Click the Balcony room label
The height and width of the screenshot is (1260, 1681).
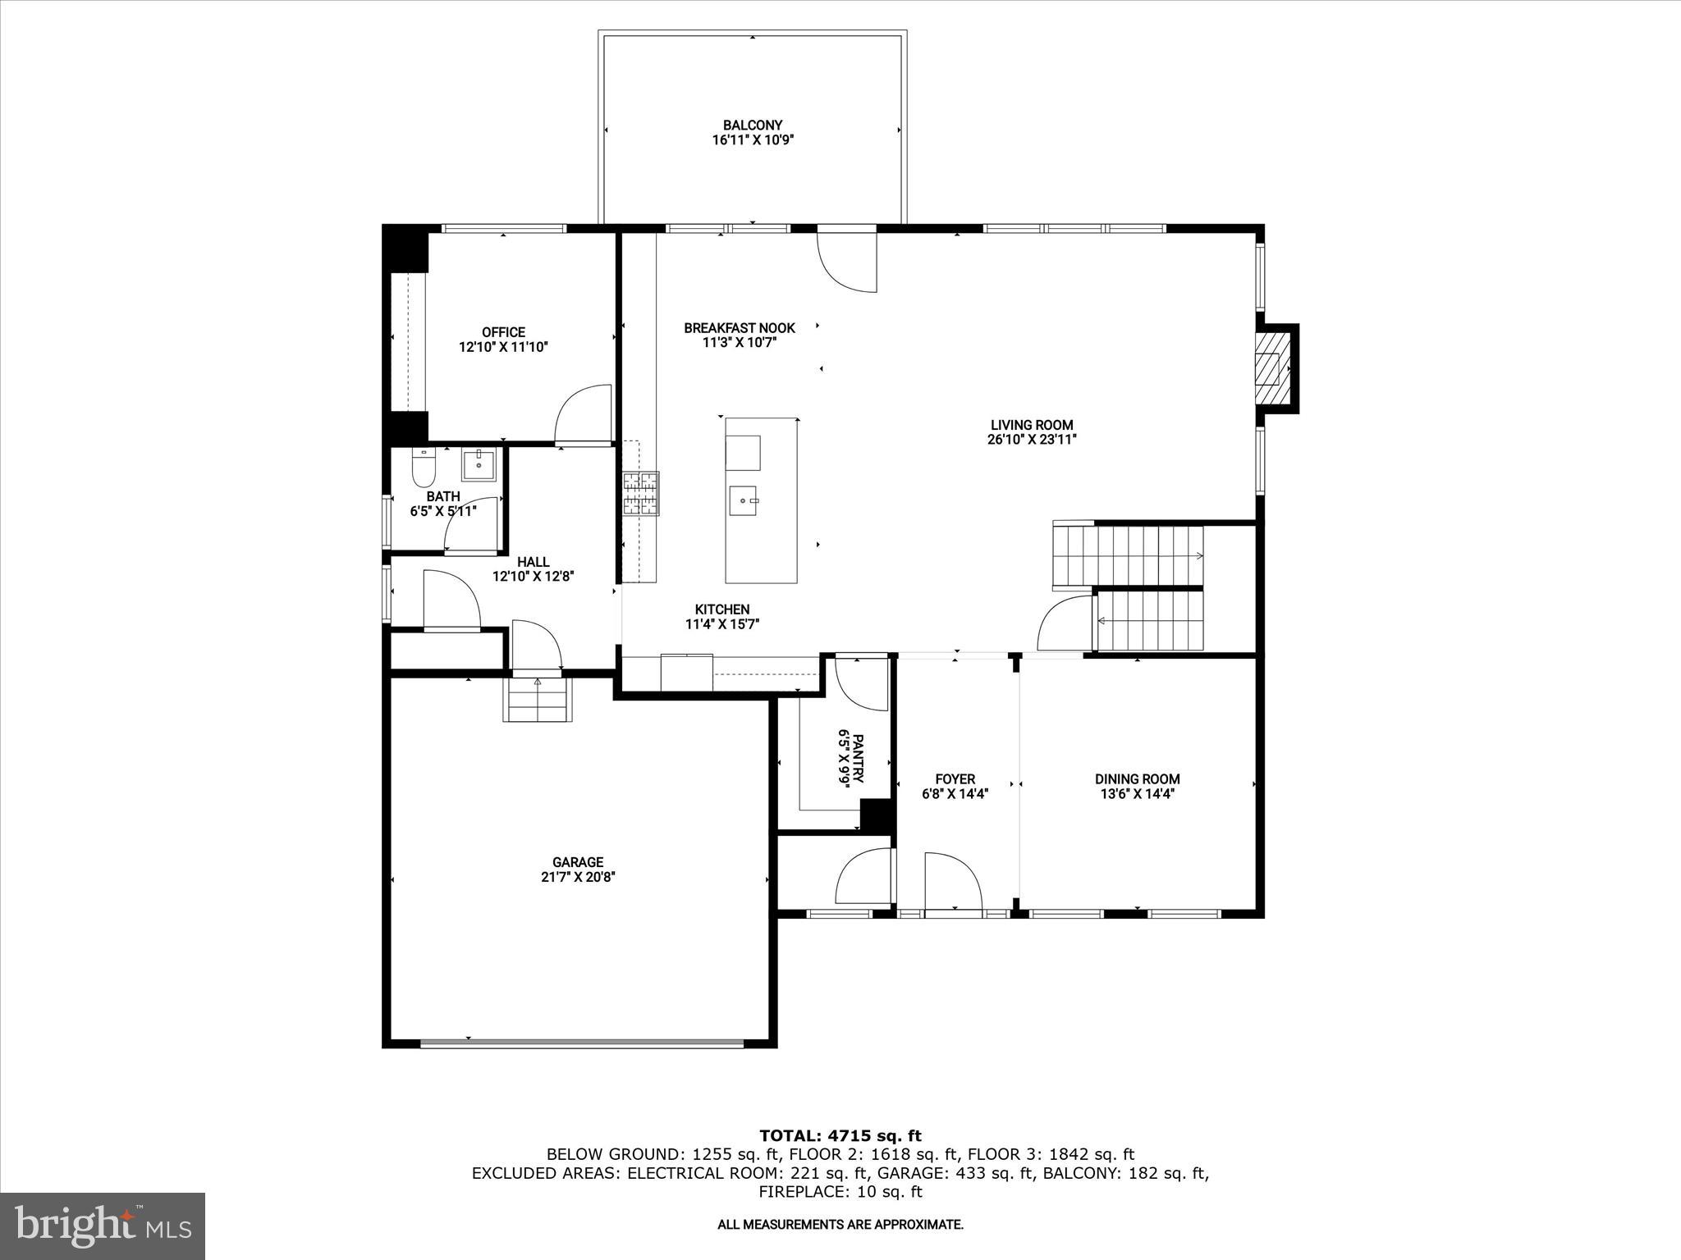[x=752, y=126]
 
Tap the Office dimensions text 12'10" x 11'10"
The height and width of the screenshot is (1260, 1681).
[x=503, y=347]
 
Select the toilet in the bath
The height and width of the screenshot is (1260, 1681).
[x=422, y=469]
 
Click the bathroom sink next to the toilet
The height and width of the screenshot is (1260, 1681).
[x=478, y=464]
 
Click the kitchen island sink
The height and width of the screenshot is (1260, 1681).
[x=746, y=500]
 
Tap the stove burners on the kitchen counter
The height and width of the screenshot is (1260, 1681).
[x=640, y=494]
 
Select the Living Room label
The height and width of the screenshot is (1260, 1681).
[x=1032, y=425]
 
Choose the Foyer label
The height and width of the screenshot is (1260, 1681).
[x=955, y=778]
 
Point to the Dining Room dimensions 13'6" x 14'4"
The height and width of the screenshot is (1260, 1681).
[x=1137, y=793]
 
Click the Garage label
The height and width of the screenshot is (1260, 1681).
[x=578, y=862]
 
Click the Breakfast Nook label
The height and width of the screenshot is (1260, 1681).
[x=740, y=328]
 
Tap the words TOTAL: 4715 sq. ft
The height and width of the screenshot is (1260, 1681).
[x=840, y=1136]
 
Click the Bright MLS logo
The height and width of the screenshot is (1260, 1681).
[x=103, y=1226]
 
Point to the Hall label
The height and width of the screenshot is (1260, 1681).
[x=533, y=562]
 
